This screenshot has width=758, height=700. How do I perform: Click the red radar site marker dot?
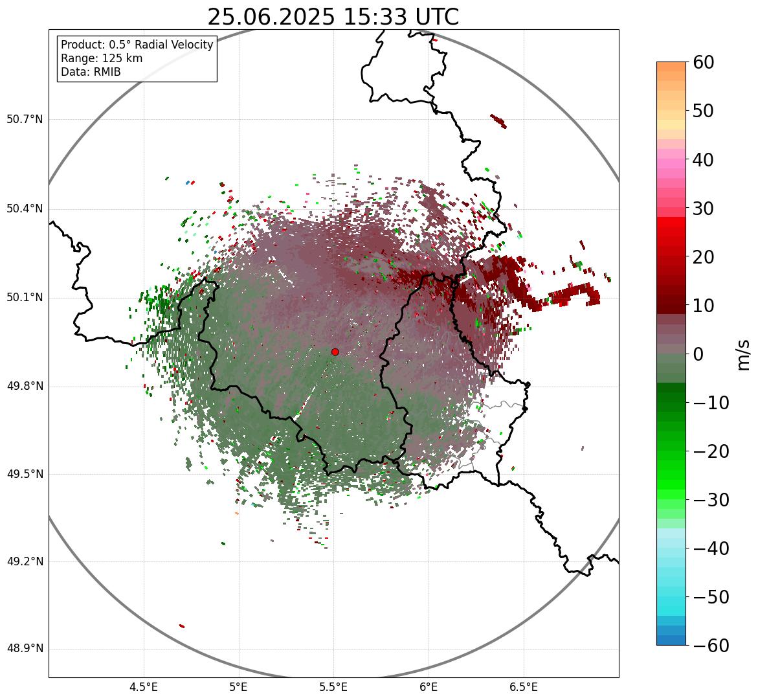click(x=335, y=352)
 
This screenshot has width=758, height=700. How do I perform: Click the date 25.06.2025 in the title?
click(x=271, y=17)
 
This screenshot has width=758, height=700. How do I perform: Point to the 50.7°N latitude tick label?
click(x=25, y=120)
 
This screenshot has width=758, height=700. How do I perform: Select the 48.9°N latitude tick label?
click(x=25, y=649)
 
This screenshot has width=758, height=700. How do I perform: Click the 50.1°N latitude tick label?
click(x=25, y=298)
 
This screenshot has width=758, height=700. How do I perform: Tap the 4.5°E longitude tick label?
click(x=144, y=687)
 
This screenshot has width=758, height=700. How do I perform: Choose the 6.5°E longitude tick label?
click(x=524, y=687)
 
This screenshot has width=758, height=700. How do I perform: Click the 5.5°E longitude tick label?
click(x=334, y=687)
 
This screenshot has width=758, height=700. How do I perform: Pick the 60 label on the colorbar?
click(x=704, y=62)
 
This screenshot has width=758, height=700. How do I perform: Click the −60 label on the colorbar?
click(x=711, y=646)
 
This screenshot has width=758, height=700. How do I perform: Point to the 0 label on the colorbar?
click(x=698, y=354)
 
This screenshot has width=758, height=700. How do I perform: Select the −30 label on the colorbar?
click(x=711, y=500)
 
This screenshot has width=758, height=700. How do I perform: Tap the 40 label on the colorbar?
click(x=704, y=159)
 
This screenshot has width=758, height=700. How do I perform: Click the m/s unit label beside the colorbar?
click(x=744, y=354)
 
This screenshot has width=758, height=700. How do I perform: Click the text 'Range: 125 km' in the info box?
click(x=102, y=58)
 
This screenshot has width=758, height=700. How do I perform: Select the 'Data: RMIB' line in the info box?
click(x=91, y=72)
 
